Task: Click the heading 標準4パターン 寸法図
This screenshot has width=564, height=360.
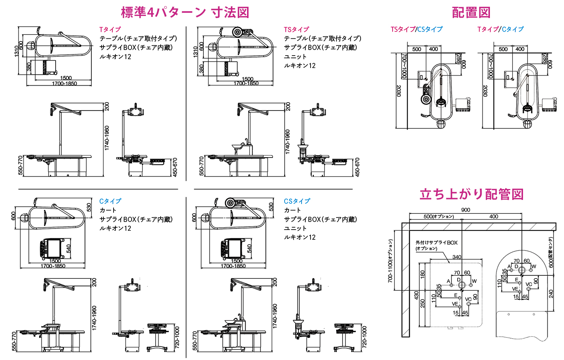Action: [x=185, y=12]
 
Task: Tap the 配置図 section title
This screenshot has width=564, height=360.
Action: [x=471, y=12]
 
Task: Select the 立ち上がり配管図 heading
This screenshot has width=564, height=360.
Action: [x=472, y=194]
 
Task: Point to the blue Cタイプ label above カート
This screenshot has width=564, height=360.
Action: [x=110, y=201]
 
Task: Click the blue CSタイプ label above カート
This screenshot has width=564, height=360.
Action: [x=297, y=201]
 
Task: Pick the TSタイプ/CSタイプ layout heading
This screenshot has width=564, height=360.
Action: [x=417, y=29]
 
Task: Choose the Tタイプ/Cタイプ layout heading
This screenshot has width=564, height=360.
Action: [x=500, y=29]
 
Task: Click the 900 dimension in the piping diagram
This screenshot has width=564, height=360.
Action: [x=465, y=210]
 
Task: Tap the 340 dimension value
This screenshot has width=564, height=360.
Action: [x=456, y=257]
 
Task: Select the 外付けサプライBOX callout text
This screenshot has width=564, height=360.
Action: [x=436, y=243]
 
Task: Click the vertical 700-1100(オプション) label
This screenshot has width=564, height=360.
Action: [x=390, y=261]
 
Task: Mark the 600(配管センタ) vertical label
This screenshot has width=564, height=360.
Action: [x=551, y=253]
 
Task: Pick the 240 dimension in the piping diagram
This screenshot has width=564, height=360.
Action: [x=551, y=293]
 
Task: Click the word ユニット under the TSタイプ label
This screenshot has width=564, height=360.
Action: [x=295, y=57]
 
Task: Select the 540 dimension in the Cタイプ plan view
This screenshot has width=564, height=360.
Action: [x=68, y=249]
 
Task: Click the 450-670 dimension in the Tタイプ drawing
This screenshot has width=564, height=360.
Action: [x=175, y=167]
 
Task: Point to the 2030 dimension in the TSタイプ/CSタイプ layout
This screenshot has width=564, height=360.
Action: [x=399, y=91]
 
